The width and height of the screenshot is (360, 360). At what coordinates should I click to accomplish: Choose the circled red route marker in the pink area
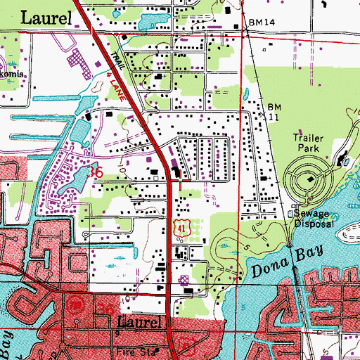coord(77,304)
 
